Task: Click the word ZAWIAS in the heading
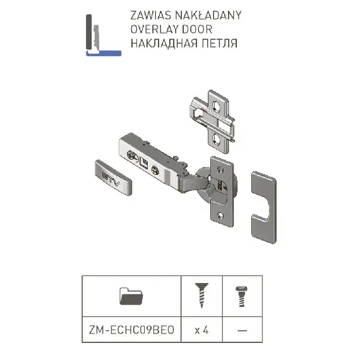point(150,15)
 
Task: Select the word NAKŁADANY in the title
point(208,15)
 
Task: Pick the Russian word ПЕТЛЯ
point(220,43)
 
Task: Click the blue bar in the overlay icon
point(104,54)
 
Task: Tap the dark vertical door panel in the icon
point(89,32)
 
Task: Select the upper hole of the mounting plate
point(216,106)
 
